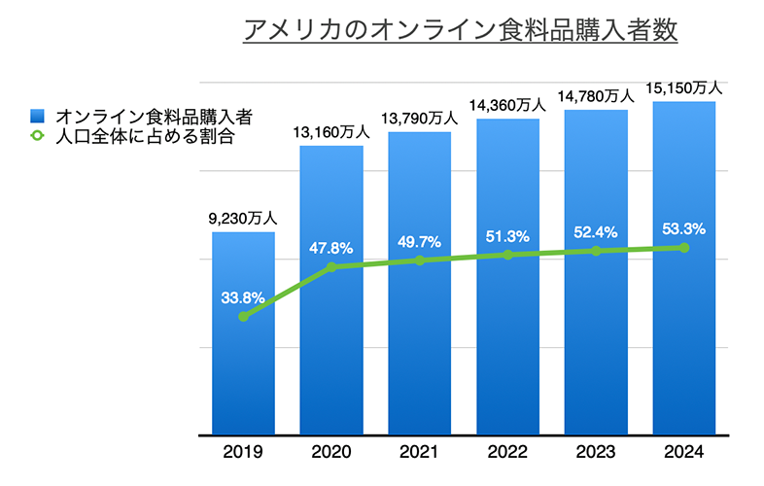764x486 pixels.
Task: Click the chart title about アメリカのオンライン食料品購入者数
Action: tap(460, 29)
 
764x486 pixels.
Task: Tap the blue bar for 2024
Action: tap(684, 340)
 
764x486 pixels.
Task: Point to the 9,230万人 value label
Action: tap(242, 220)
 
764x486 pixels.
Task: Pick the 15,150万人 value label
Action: tap(684, 88)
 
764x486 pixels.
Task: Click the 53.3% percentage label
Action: tap(684, 229)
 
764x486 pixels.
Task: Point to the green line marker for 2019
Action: tap(242, 317)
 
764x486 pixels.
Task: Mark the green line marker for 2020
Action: tap(331, 266)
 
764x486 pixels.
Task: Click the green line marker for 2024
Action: tap(684, 248)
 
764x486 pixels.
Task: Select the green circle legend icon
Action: tap(37, 137)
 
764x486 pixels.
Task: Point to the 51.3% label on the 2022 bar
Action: tap(507, 234)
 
